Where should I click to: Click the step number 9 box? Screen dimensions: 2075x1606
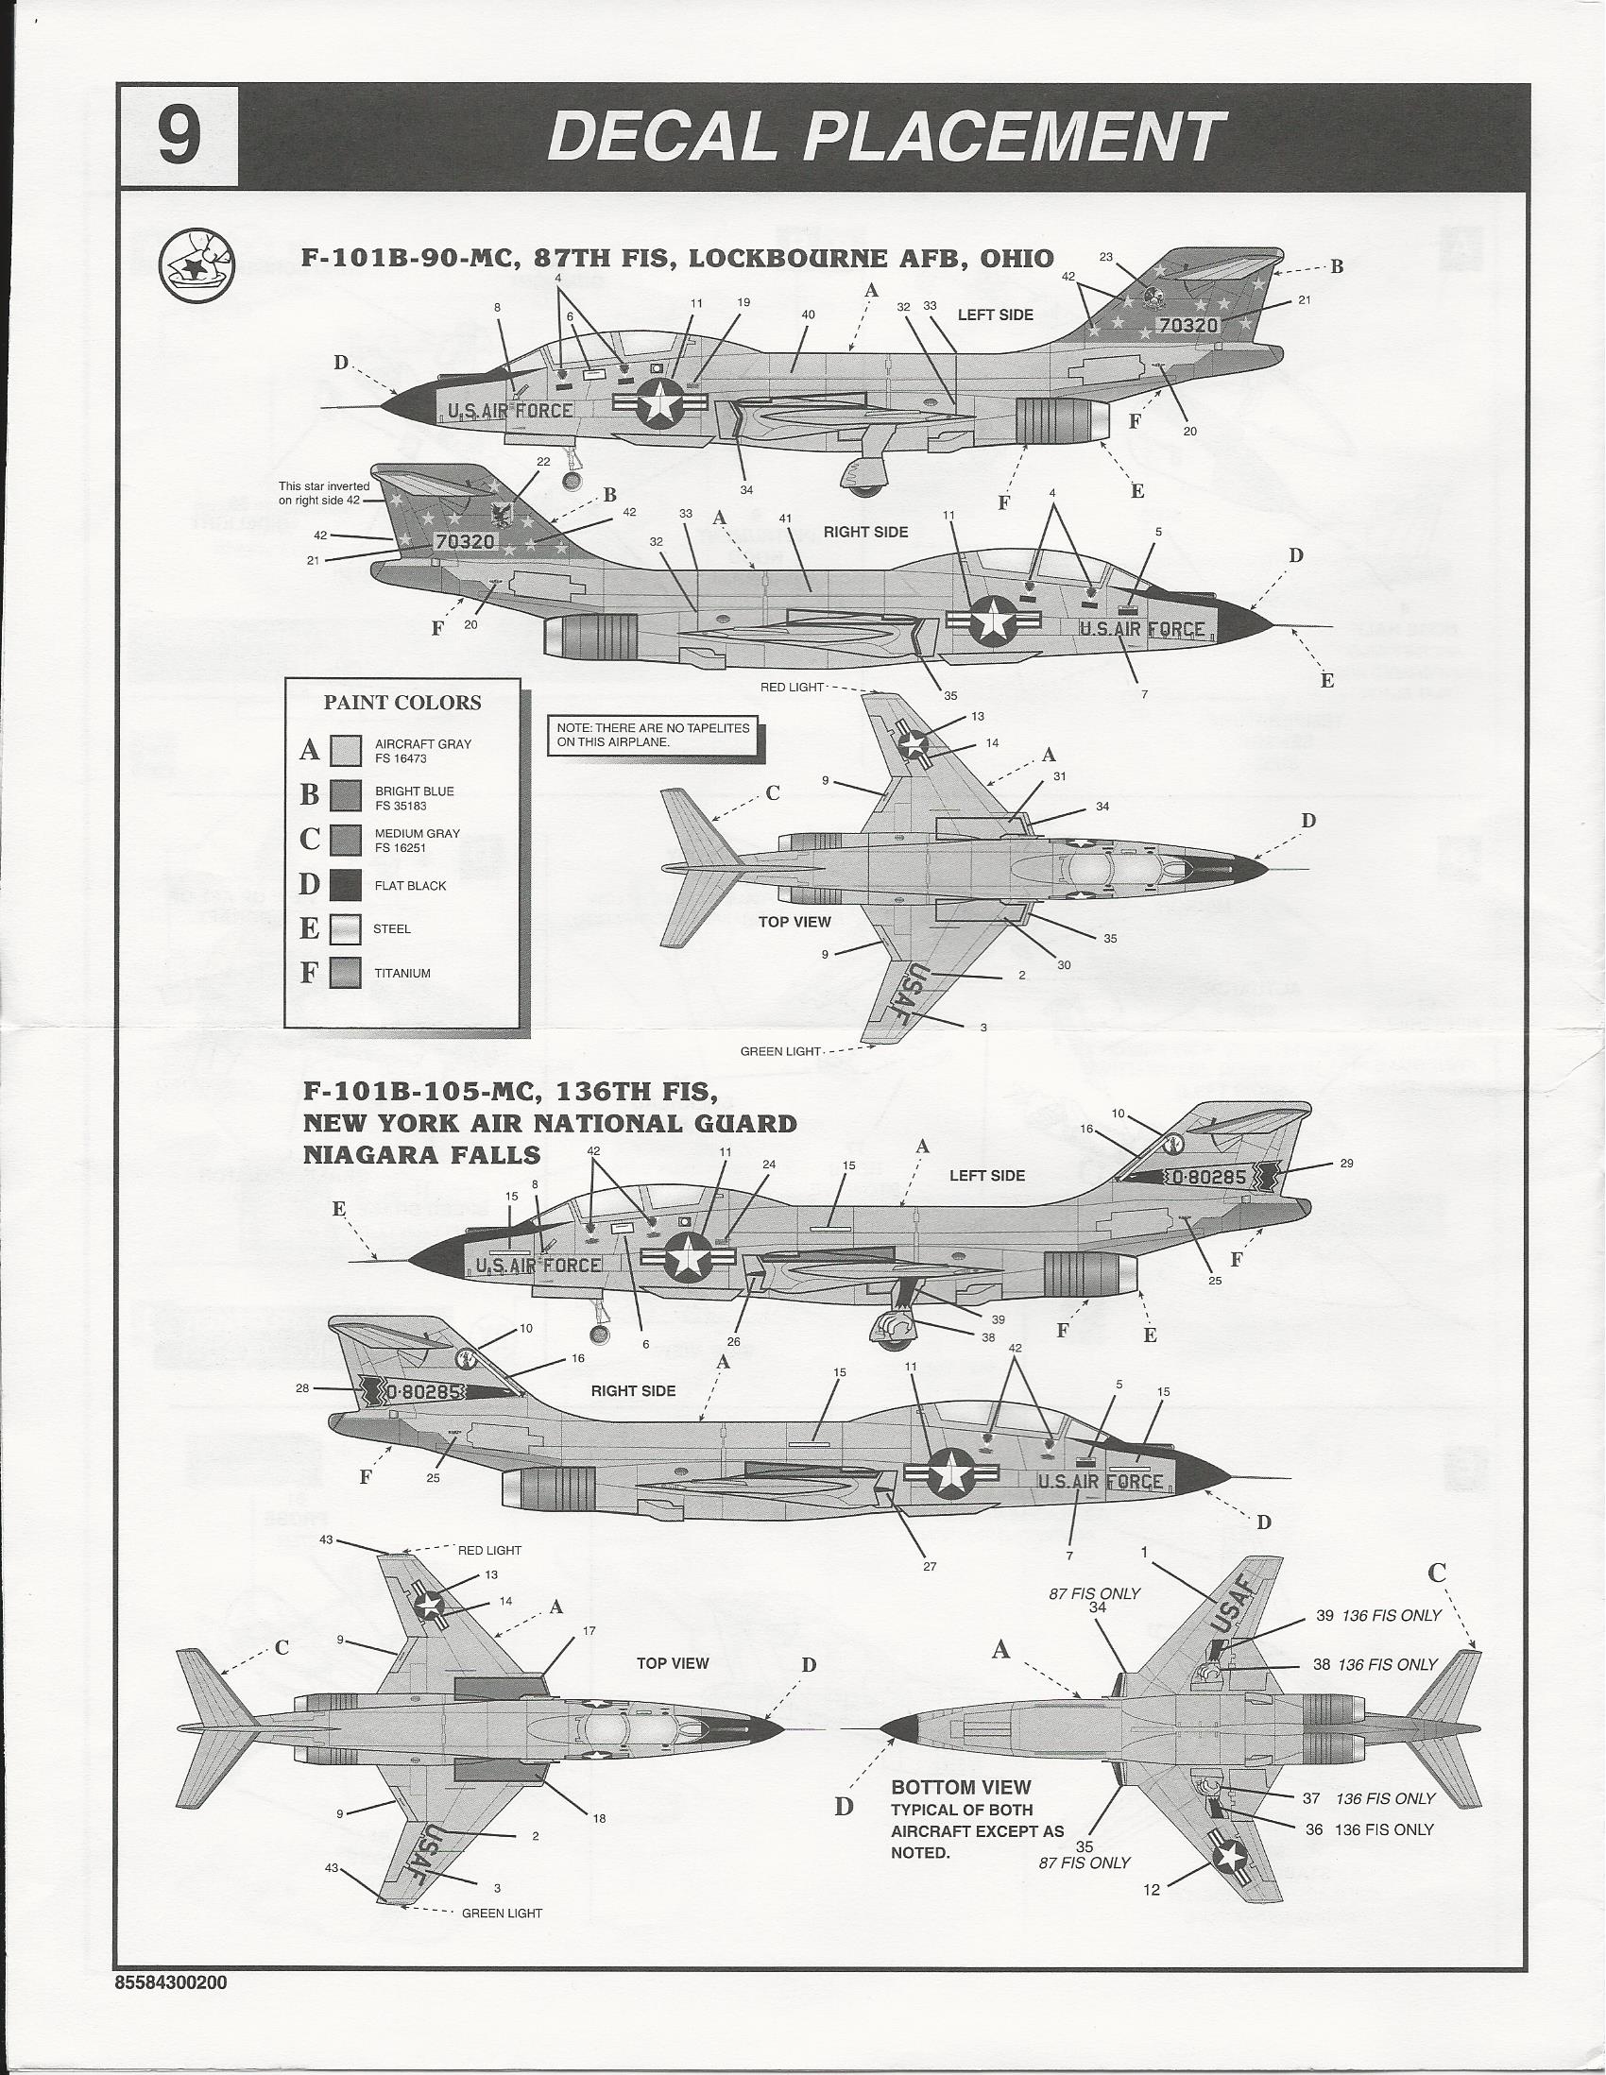(178, 137)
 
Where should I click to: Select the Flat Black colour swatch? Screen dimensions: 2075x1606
(345, 885)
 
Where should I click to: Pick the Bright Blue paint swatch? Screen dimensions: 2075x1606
(345, 796)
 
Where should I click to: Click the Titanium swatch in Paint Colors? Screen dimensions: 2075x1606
(345, 973)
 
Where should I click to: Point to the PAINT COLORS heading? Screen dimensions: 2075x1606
(402, 703)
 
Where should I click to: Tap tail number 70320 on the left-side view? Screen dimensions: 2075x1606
(1187, 325)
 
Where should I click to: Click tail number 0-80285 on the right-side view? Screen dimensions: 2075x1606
(424, 1392)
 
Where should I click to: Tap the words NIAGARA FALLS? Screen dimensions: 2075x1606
(422, 1154)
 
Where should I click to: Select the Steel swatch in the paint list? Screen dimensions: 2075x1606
(345, 928)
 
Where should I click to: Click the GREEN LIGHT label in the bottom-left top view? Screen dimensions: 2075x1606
(502, 1913)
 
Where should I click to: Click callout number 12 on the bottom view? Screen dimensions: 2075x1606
(1151, 1891)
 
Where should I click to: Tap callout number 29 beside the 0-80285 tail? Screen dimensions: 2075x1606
(1345, 1163)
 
